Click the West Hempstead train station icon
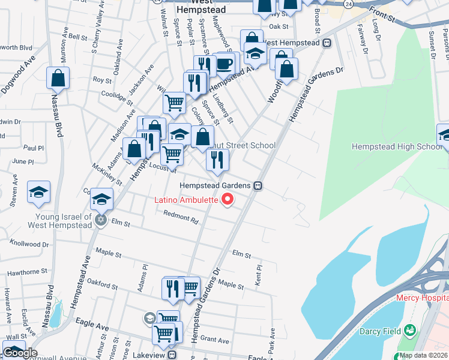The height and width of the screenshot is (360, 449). point(328,43)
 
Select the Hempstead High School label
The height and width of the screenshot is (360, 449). point(397,147)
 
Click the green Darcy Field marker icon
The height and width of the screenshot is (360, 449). point(410,330)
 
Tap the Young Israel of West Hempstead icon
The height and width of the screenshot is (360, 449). point(101,220)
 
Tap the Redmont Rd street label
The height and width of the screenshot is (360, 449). point(181,218)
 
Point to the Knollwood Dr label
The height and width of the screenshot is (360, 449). point(29,244)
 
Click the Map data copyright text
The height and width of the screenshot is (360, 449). point(423,355)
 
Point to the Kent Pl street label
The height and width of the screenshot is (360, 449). point(259,275)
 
